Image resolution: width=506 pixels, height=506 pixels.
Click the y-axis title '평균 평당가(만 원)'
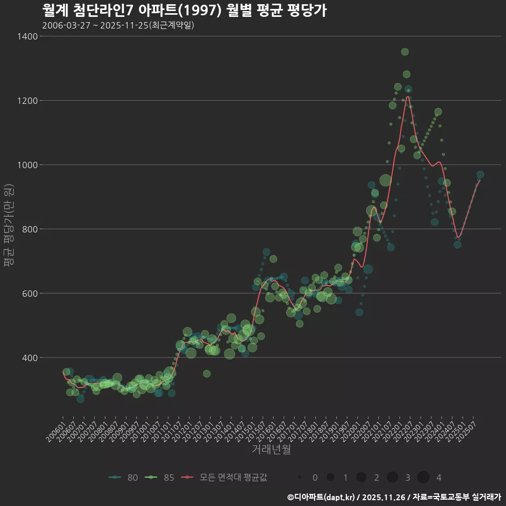tap(8, 227)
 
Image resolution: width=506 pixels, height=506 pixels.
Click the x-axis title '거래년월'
tap(271, 450)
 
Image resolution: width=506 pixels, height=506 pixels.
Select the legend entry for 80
tap(124, 478)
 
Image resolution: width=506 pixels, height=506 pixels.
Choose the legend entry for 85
tap(161, 478)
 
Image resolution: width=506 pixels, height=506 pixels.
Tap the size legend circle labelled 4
tap(423, 478)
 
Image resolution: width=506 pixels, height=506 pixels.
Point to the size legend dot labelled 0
tap(299, 478)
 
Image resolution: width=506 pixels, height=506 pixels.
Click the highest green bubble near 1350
tap(405, 52)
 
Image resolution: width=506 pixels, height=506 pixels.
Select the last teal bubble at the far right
tap(480, 174)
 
